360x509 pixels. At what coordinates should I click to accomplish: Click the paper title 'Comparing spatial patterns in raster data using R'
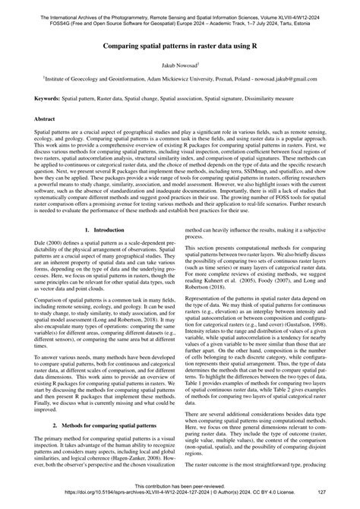(180, 45)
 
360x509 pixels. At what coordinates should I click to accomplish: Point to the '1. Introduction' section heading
(103, 250)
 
